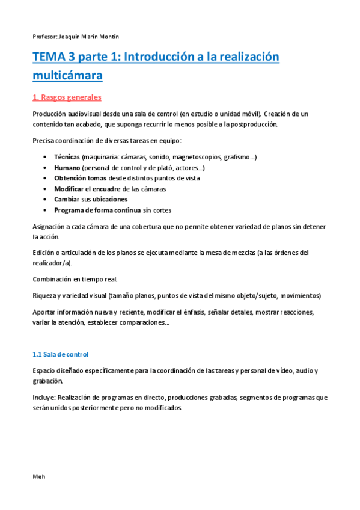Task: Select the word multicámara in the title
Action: (67, 76)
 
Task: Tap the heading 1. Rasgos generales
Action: (67, 97)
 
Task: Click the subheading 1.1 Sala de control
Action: (61, 354)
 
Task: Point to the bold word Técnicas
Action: (67, 157)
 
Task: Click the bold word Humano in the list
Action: (67, 168)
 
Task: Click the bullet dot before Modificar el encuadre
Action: (46, 189)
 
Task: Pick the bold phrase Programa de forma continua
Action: (97, 210)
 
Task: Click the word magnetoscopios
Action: (192, 157)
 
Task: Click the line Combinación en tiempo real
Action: (75, 280)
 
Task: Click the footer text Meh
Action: (38, 476)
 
